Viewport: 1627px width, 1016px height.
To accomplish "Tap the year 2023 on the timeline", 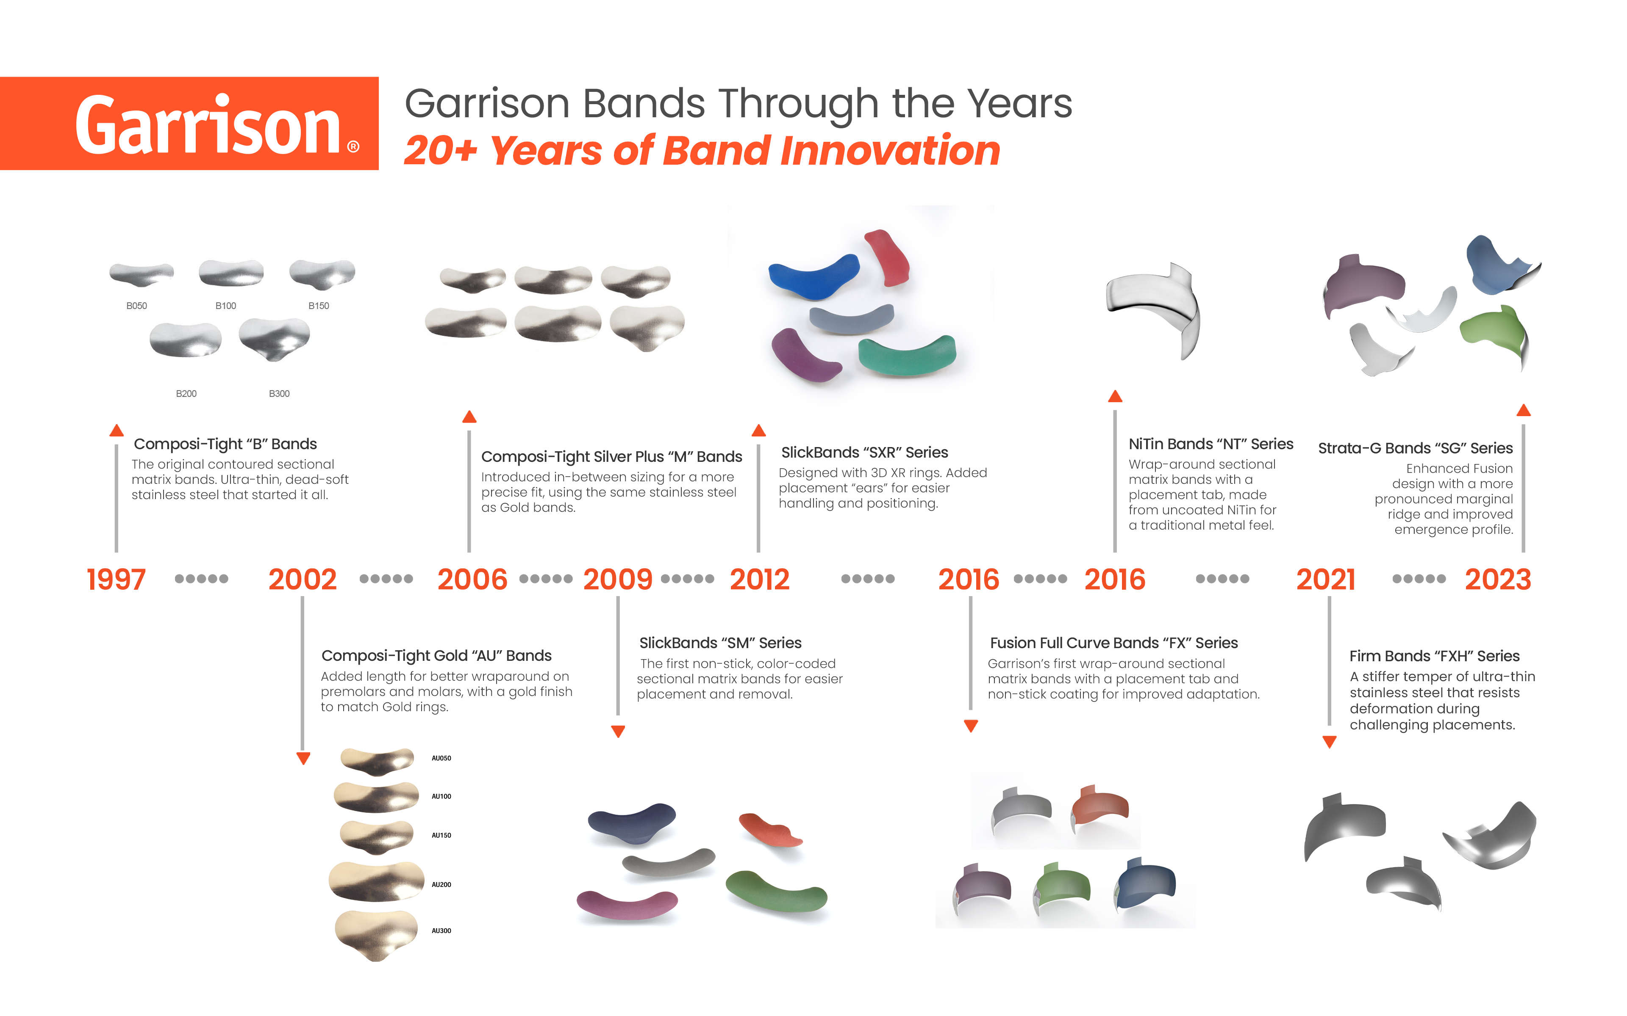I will point(1497,579).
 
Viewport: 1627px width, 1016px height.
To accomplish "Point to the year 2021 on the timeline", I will point(1325,579).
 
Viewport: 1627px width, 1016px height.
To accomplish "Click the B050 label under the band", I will point(136,306).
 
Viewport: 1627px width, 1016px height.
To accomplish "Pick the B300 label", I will point(279,394).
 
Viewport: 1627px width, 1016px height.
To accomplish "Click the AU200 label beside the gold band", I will point(441,884).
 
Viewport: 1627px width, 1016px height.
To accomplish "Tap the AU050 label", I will point(441,758).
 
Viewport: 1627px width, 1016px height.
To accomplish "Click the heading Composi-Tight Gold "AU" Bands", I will point(436,655).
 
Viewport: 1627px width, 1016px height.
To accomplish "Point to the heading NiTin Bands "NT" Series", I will point(1210,444).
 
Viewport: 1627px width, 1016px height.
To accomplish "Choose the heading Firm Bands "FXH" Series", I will point(1434,656).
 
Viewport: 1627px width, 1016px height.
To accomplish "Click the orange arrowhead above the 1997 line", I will point(117,430).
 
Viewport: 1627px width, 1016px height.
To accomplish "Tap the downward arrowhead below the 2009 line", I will point(618,731).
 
